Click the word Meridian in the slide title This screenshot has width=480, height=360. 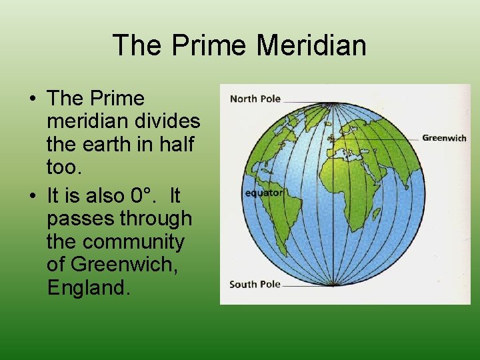311,45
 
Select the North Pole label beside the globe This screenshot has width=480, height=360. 255,99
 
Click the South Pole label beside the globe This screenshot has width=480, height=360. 255,284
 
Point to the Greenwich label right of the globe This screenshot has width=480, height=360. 444,138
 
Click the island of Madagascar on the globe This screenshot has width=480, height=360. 376,215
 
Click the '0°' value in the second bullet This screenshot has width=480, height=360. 144,196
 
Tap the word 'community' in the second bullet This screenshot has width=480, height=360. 133,241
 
